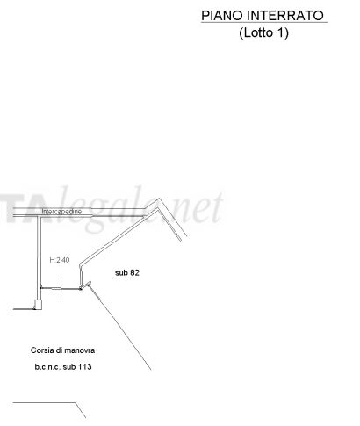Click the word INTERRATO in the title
click(x=285, y=16)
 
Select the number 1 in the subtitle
click(x=280, y=32)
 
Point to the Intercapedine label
click(x=61, y=212)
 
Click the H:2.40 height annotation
click(x=60, y=260)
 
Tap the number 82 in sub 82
click(x=134, y=273)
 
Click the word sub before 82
click(x=121, y=273)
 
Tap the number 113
click(x=85, y=367)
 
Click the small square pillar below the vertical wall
click(x=39, y=305)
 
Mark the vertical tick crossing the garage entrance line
click(x=61, y=288)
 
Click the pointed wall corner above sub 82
click(x=159, y=199)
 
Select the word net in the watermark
click(x=204, y=207)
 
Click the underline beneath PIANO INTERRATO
click(x=264, y=22)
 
